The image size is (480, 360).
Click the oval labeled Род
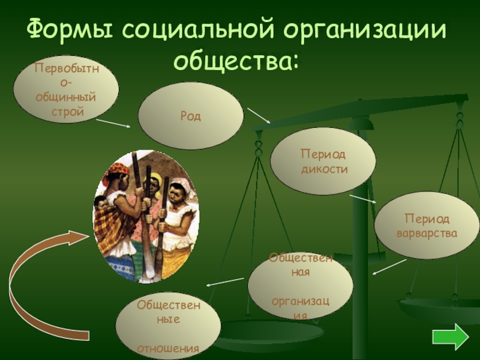click(x=191, y=116)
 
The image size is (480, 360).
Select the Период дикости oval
click(x=323, y=161)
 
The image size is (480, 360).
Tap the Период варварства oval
click(x=427, y=225)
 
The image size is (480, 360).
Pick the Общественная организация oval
click(x=300, y=286)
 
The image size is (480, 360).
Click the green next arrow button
click(x=449, y=337)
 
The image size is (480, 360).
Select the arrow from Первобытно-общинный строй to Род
click(x=113, y=123)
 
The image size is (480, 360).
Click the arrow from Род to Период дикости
click(x=259, y=115)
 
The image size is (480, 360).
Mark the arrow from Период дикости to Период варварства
click(x=363, y=199)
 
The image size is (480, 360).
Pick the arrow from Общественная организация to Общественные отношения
click(x=225, y=281)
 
